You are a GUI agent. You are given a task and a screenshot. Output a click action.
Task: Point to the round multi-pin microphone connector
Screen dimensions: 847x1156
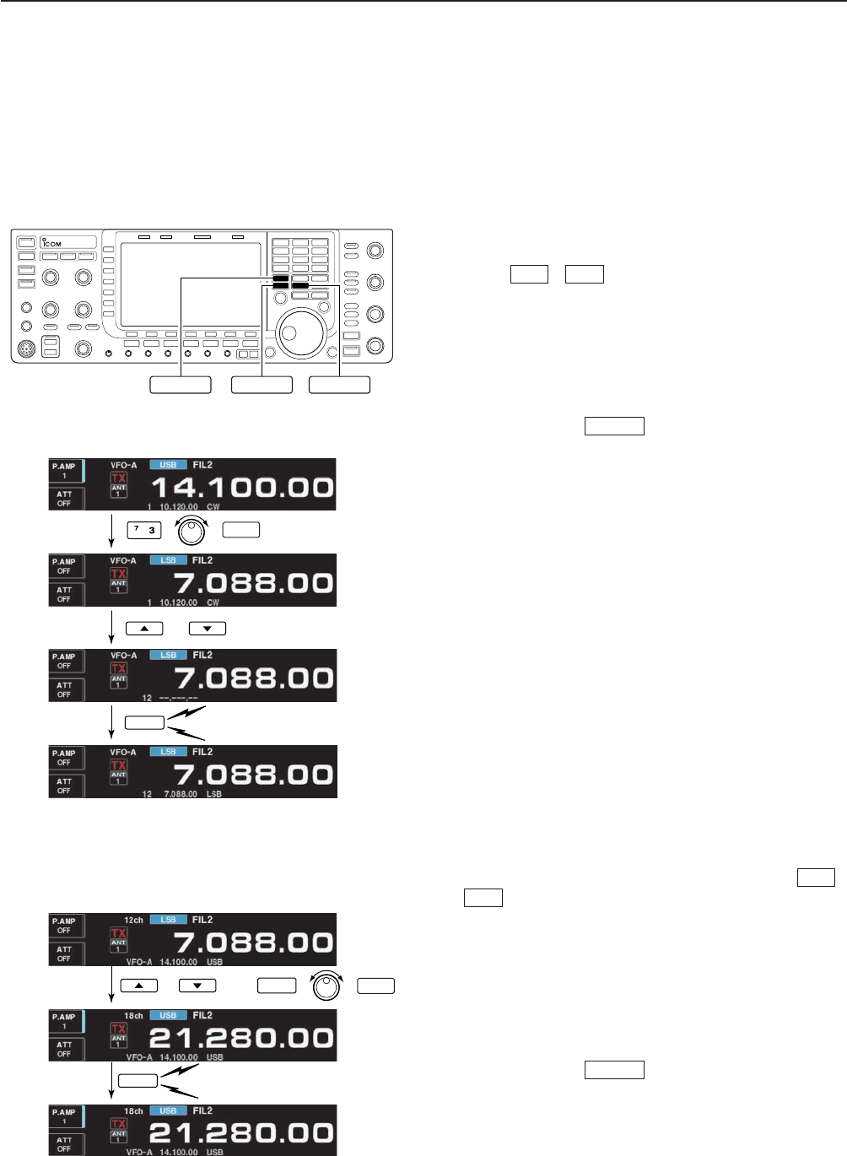[28, 348]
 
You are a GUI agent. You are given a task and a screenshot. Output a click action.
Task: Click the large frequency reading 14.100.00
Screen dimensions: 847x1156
[242, 488]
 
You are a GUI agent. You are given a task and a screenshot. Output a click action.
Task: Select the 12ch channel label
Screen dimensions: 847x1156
[133, 921]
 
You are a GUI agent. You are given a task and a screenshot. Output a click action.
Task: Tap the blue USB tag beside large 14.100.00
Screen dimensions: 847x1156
[168, 465]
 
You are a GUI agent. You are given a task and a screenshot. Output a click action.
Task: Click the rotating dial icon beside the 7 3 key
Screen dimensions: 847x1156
[192, 531]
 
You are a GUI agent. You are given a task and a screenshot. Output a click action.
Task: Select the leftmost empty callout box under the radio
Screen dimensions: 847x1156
[181, 385]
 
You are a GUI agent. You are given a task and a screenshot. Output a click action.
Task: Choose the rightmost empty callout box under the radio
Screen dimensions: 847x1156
[339, 385]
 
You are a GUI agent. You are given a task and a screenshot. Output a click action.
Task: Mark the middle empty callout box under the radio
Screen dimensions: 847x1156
[262, 385]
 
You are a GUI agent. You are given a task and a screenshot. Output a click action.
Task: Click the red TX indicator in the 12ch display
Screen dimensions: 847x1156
[119, 933]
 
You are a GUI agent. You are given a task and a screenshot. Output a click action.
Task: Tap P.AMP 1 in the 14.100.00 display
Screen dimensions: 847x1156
[64, 471]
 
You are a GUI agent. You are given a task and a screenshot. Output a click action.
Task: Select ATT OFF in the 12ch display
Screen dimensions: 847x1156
[64, 954]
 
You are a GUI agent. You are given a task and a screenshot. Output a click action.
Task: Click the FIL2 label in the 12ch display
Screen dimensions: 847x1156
[202, 921]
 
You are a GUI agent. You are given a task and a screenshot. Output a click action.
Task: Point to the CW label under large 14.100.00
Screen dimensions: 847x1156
[213, 507]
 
